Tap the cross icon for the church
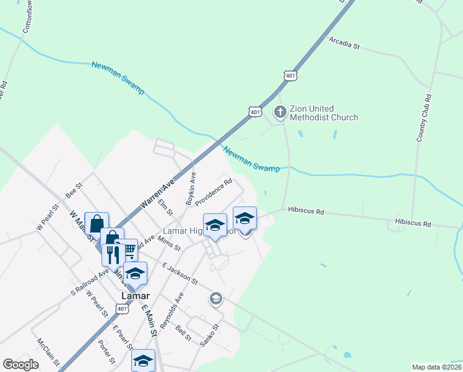pyautogui.click(x=280, y=112)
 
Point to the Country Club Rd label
pyautogui.click(x=423, y=118)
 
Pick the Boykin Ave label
pyautogui.click(x=191, y=188)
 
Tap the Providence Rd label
pyautogui.click(x=214, y=192)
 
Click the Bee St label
pyautogui.click(x=74, y=188)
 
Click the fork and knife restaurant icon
pyautogui.click(x=112, y=254)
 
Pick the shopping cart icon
pyautogui.click(x=130, y=250)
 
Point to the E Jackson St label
pyautogui.click(x=180, y=273)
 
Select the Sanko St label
pyautogui.click(x=210, y=334)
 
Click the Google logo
pyautogui.click(x=20, y=365)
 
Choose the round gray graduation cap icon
pyautogui.click(x=215, y=299)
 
